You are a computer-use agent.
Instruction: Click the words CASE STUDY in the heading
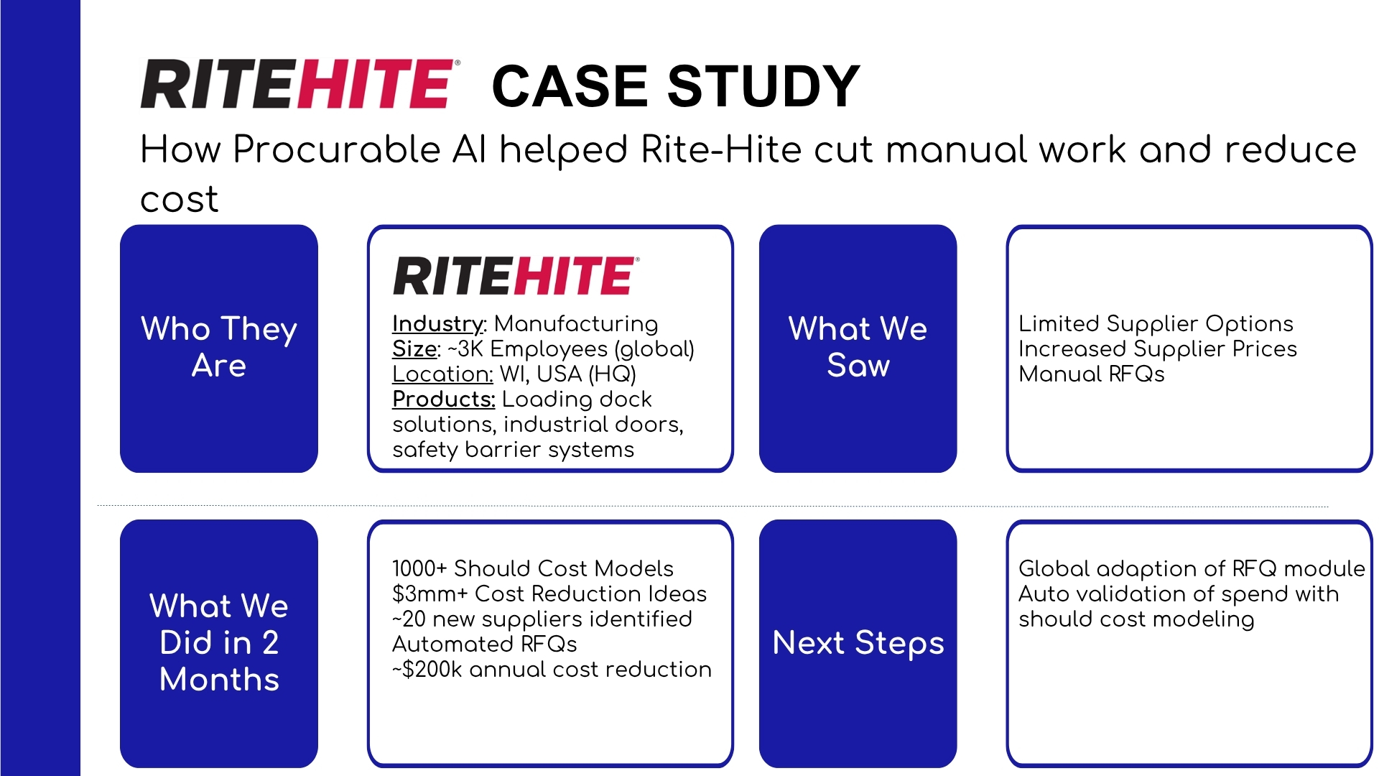pos(675,86)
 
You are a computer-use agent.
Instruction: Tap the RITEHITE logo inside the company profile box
pos(514,276)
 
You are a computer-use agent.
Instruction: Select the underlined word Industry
pos(438,323)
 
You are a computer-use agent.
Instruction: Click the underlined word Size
pos(414,349)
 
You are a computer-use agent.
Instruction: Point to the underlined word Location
pos(442,374)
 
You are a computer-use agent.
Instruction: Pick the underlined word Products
pos(443,399)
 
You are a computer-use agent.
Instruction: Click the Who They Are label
pos(219,347)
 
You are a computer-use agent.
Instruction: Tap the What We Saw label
pos(858,347)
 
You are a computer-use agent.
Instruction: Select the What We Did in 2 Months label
pos(219,642)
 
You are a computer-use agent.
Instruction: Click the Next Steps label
pos(858,642)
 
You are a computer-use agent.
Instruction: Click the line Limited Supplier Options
pos(1155,323)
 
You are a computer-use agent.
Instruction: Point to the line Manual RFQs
pos(1091,374)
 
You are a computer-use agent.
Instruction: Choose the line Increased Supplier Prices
pos(1157,349)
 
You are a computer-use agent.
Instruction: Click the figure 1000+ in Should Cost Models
pos(419,568)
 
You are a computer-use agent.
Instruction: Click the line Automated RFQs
pos(484,645)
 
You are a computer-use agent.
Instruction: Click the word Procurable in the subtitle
pos(336,149)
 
